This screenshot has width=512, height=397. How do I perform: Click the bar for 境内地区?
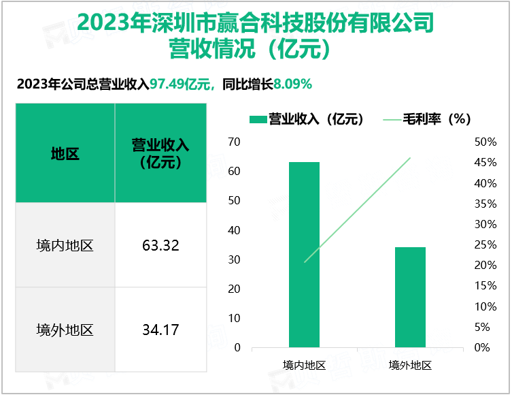click(304, 255)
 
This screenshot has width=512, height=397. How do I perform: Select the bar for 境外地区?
click(409, 298)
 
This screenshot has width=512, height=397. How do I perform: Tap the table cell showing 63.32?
click(161, 245)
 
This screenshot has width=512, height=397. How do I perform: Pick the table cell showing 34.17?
click(161, 330)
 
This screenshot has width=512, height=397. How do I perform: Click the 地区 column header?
click(65, 154)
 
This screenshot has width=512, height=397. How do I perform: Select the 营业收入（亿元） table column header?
click(161, 154)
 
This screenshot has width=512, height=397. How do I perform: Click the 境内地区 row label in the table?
click(65, 245)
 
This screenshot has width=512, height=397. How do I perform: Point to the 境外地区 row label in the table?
click(65, 330)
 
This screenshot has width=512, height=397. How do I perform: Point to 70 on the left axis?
click(235, 142)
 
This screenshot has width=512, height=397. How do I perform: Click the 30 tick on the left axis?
click(235, 259)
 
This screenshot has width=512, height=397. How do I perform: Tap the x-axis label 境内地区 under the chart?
click(304, 365)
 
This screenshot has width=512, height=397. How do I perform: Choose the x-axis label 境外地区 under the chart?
click(409, 365)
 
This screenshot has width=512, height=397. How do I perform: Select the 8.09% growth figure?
click(292, 84)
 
